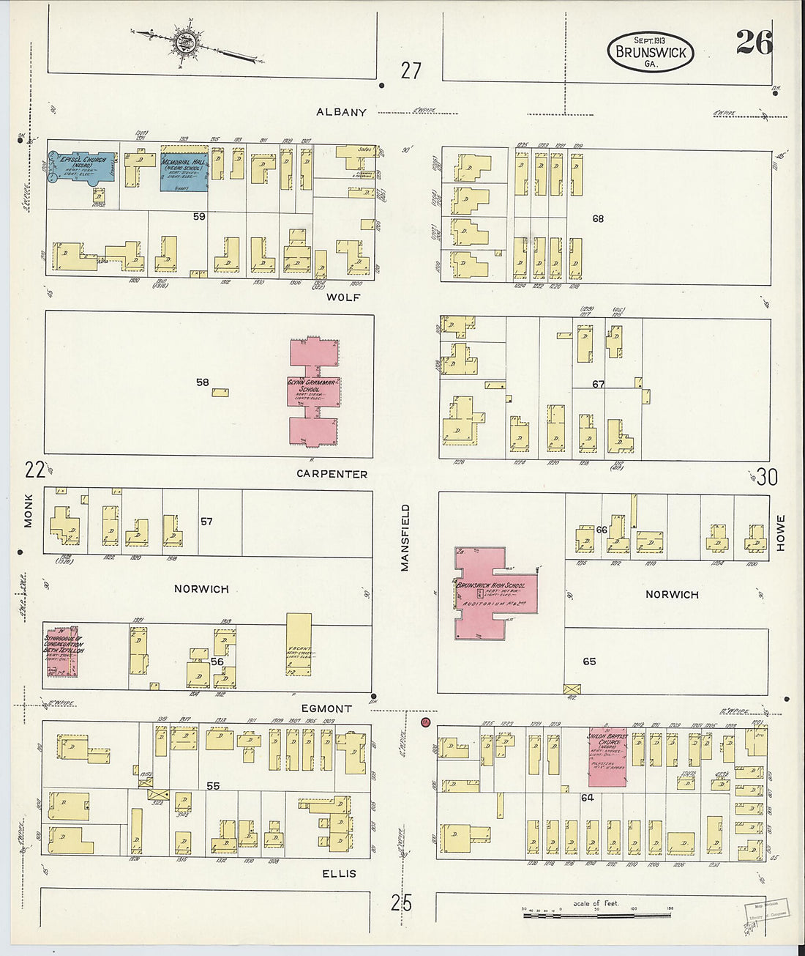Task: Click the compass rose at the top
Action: (183, 42)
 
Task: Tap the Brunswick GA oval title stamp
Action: (650, 52)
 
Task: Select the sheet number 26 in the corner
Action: (753, 44)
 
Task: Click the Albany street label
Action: (341, 112)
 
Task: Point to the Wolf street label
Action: (343, 297)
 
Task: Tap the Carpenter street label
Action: (332, 474)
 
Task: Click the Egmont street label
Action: (326, 708)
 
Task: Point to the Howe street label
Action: (780, 533)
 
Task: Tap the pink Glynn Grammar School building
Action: (313, 390)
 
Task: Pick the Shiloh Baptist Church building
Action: (607, 757)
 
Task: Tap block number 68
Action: (598, 218)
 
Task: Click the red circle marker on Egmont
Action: (424, 722)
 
